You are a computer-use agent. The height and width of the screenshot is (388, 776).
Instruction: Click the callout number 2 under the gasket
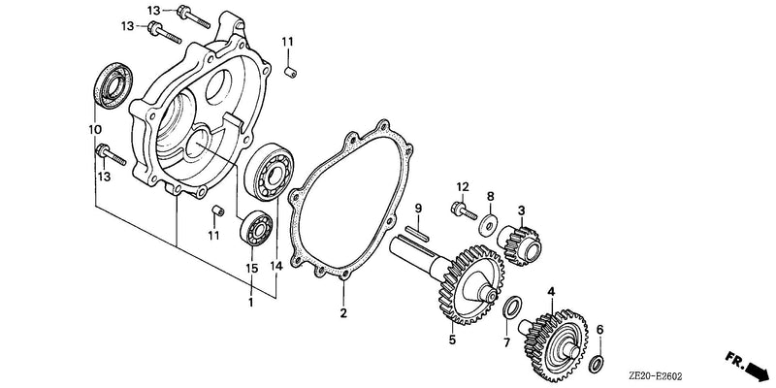point(343,312)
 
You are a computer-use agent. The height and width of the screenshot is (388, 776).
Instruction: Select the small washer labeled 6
point(598,362)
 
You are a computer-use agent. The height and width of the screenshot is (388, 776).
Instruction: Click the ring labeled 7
point(512,307)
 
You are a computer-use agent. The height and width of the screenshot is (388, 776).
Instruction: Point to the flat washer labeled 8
point(489,224)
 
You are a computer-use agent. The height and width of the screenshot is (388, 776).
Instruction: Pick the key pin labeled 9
point(418,234)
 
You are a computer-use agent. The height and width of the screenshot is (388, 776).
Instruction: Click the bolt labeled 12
point(464,210)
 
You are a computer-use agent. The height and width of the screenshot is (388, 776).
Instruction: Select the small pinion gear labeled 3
point(520,243)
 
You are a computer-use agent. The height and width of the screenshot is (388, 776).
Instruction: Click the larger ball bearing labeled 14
point(271,172)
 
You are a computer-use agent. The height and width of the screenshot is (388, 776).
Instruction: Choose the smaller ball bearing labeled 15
point(255,228)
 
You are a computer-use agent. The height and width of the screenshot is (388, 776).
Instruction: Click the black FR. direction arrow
point(748,366)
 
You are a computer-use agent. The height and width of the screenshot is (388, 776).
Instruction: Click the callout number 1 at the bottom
point(251,302)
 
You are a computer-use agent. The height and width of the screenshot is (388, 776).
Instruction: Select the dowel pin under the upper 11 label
point(290,72)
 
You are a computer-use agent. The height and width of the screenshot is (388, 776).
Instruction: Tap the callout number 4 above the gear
point(551,292)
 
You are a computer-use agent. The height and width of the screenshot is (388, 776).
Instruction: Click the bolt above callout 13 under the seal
point(112,155)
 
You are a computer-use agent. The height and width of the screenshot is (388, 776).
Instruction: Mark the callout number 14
point(276,266)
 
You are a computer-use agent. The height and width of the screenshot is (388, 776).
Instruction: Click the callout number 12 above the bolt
point(463,186)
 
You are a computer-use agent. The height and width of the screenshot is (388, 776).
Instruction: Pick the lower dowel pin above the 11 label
point(217,211)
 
